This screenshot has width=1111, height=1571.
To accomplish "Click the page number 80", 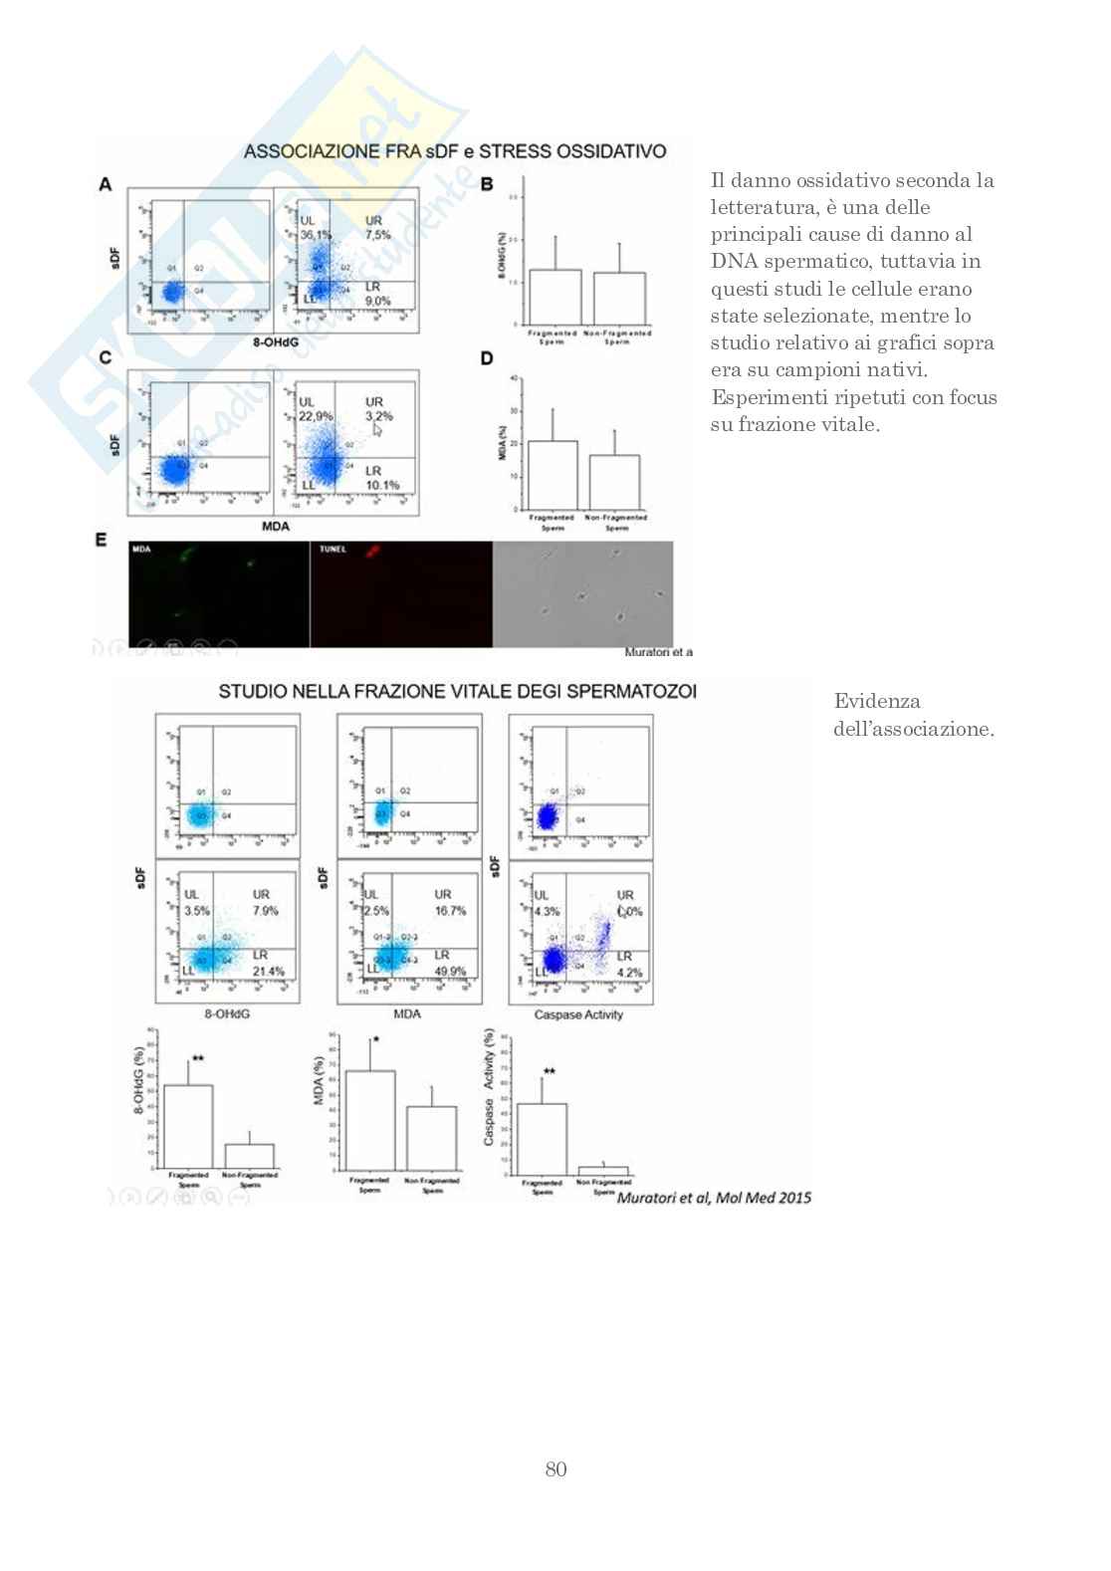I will tap(555, 1469).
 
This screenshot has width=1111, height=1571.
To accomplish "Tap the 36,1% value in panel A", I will tap(316, 235).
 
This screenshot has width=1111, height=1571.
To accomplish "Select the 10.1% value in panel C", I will tap(382, 486).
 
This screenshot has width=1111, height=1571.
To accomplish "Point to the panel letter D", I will tap(487, 358).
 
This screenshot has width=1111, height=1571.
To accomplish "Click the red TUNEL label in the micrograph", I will tap(332, 550).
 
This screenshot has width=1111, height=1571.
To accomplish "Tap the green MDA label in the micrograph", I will tap(141, 550).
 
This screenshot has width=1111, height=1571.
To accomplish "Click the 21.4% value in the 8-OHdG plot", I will tap(268, 972).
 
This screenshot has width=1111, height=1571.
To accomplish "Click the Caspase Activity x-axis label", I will tap(578, 1015).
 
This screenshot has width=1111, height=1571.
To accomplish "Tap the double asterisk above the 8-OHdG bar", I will tap(198, 1058).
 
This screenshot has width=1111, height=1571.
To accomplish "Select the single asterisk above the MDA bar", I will tap(376, 1039).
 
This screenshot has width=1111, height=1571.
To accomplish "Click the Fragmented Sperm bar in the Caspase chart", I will tap(542, 1139).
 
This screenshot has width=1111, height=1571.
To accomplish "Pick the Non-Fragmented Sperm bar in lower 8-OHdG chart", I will tap(249, 1156).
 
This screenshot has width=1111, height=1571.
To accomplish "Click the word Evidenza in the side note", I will tap(877, 701).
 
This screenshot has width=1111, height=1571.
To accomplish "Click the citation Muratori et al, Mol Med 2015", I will tap(714, 1198).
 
